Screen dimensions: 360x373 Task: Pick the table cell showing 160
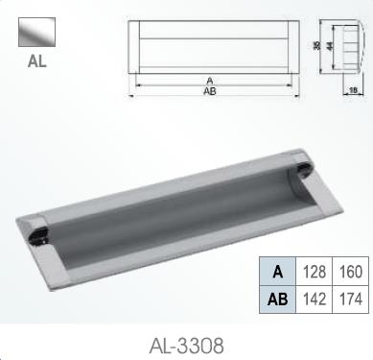tap(349, 273)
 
